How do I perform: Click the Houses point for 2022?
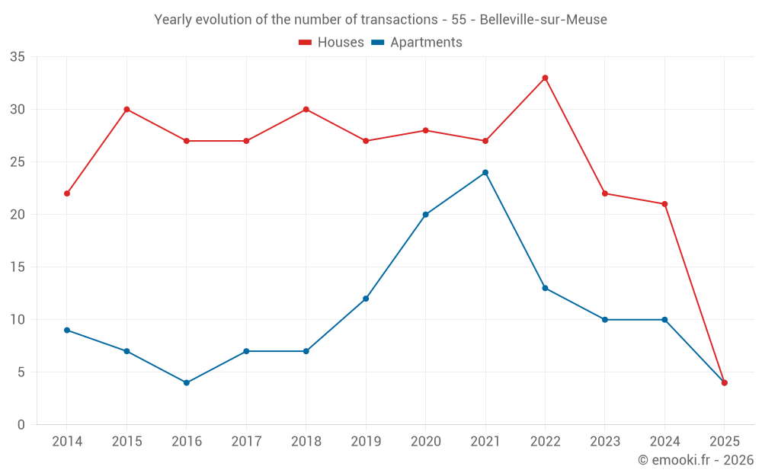coord(545,78)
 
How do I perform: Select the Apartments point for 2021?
coord(485,172)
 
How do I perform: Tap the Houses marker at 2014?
coord(67,193)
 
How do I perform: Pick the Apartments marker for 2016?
coord(187,382)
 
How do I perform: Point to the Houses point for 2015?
coord(126,109)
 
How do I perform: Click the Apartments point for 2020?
coord(425,214)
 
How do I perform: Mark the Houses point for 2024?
coord(664,204)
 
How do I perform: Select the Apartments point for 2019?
coord(366,299)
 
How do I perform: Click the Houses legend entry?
coord(331,43)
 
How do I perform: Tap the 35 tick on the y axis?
coord(18,57)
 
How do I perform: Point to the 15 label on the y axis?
coord(18,267)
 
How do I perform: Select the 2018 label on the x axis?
coord(306,442)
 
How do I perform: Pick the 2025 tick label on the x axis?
coord(724,442)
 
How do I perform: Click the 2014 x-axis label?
coord(67,442)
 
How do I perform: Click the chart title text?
coord(380,20)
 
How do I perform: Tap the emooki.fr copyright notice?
coord(695,460)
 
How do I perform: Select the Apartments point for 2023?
coord(605,319)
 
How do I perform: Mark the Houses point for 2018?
coord(306,109)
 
